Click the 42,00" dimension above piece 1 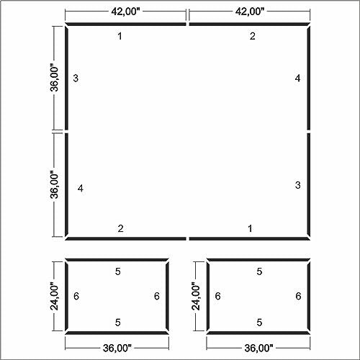[x=125, y=12]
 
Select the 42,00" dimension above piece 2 [x=250, y=12]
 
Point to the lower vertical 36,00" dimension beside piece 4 [x=54, y=184]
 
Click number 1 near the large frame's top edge [x=120, y=36]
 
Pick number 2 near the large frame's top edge [x=252, y=36]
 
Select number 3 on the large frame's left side [x=76, y=78]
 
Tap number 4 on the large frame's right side [x=297, y=78]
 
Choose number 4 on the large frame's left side [x=81, y=189]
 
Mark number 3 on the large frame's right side [x=297, y=185]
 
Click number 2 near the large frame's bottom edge [x=120, y=228]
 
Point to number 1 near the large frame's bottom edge [x=250, y=228]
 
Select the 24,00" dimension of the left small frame [x=54, y=297]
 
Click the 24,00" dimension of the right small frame [x=196, y=297]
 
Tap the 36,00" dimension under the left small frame [x=117, y=348]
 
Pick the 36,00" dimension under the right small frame [x=258, y=348]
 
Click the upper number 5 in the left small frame [x=117, y=271]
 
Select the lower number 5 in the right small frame [x=259, y=323]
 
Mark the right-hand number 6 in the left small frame [x=157, y=296]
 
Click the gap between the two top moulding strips [x=188, y=24]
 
